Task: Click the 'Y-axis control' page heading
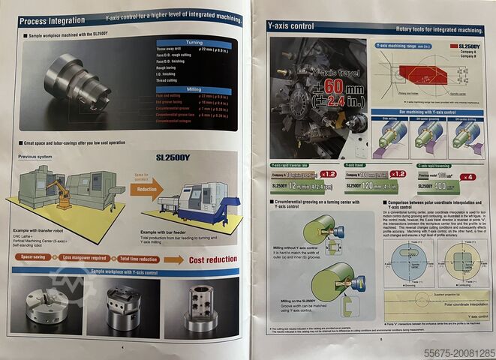(291, 26)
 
